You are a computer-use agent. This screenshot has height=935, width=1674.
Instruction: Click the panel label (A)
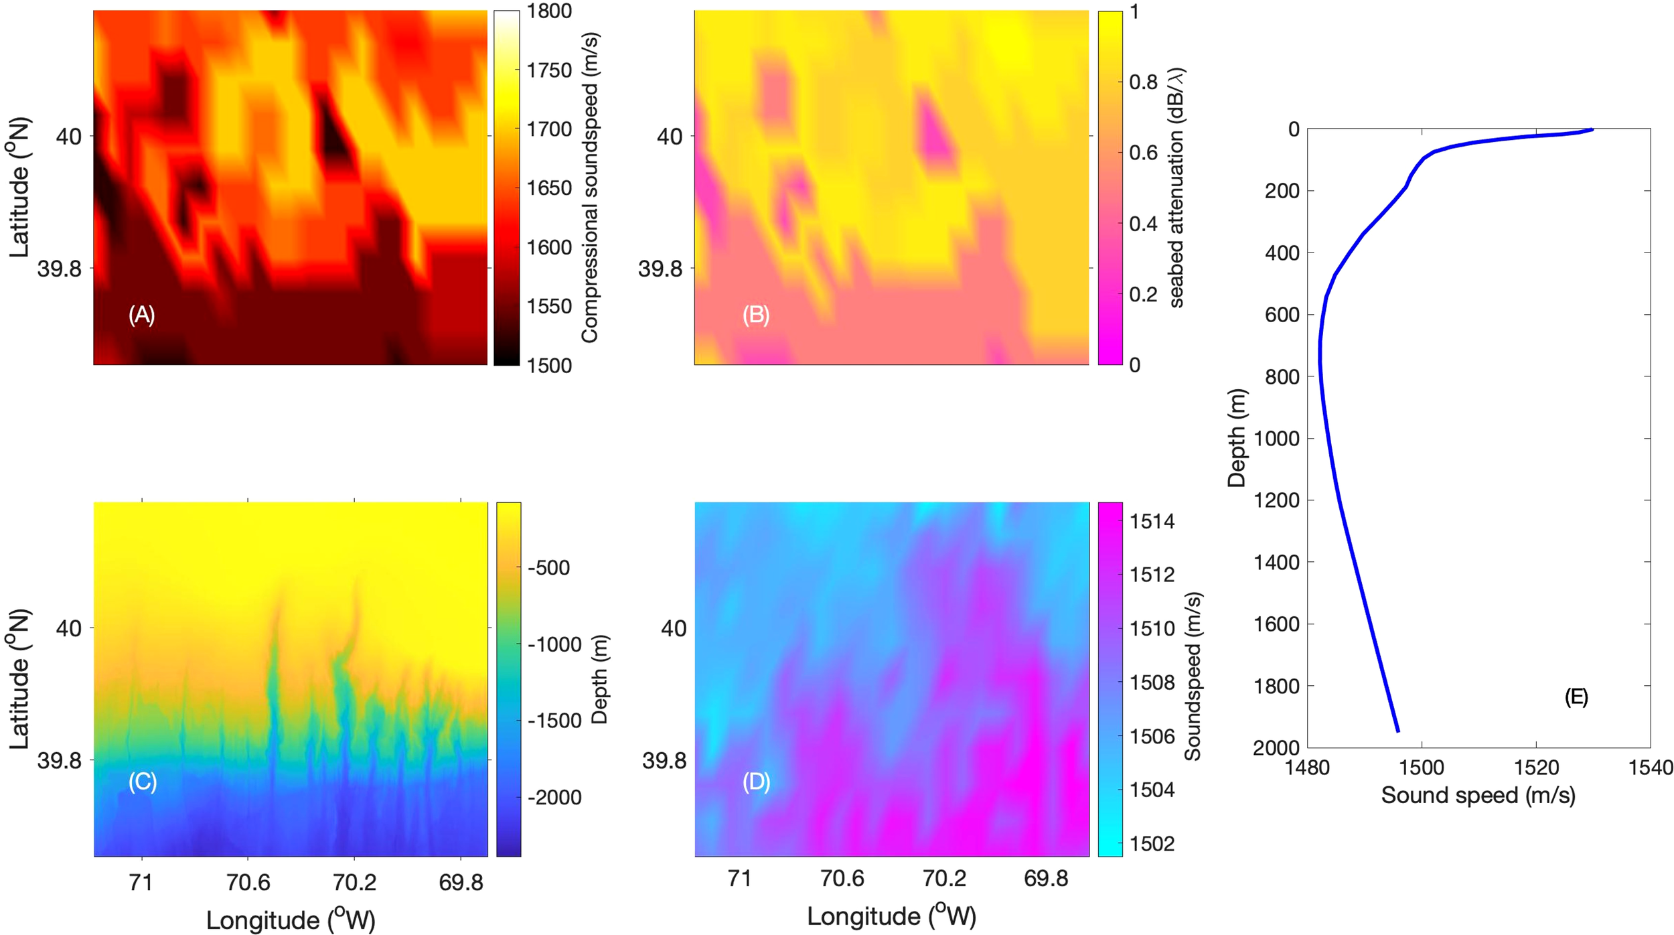(x=141, y=315)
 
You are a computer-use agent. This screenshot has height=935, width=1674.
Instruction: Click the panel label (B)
(x=756, y=315)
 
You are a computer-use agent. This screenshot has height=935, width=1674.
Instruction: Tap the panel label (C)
(x=143, y=782)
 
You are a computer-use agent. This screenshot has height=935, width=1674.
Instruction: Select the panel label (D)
(x=757, y=782)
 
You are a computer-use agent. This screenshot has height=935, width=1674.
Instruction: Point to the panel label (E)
(x=1576, y=698)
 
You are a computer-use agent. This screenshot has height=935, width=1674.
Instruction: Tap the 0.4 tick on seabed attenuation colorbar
(x=1143, y=224)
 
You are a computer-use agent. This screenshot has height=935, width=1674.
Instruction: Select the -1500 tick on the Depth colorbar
(x=554, y=721)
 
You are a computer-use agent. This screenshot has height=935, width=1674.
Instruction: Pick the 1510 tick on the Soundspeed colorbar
(x=1152, y=629)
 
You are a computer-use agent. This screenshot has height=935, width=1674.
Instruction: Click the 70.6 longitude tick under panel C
(x=248, y=882)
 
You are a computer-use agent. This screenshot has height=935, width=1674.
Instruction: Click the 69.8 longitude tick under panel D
(x=1046, y=878)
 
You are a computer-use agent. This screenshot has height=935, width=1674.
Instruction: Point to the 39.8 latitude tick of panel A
(x=59, y=269)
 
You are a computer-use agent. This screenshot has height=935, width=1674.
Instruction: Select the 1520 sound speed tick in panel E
(x=1536, y=767)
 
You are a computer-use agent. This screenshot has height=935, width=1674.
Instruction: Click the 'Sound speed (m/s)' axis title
(x=1478, y=796)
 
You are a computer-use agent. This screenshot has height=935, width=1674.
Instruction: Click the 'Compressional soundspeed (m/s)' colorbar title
(x=589, y=188)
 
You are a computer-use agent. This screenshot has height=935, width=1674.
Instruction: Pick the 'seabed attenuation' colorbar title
(x=1176, y=188)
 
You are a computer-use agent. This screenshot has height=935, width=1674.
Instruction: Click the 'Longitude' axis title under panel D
(x=891, y=916)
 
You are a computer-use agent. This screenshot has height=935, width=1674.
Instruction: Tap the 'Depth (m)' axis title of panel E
(x=1236, y=438)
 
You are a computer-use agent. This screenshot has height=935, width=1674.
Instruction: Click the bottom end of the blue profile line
(x=1397, y=731)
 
